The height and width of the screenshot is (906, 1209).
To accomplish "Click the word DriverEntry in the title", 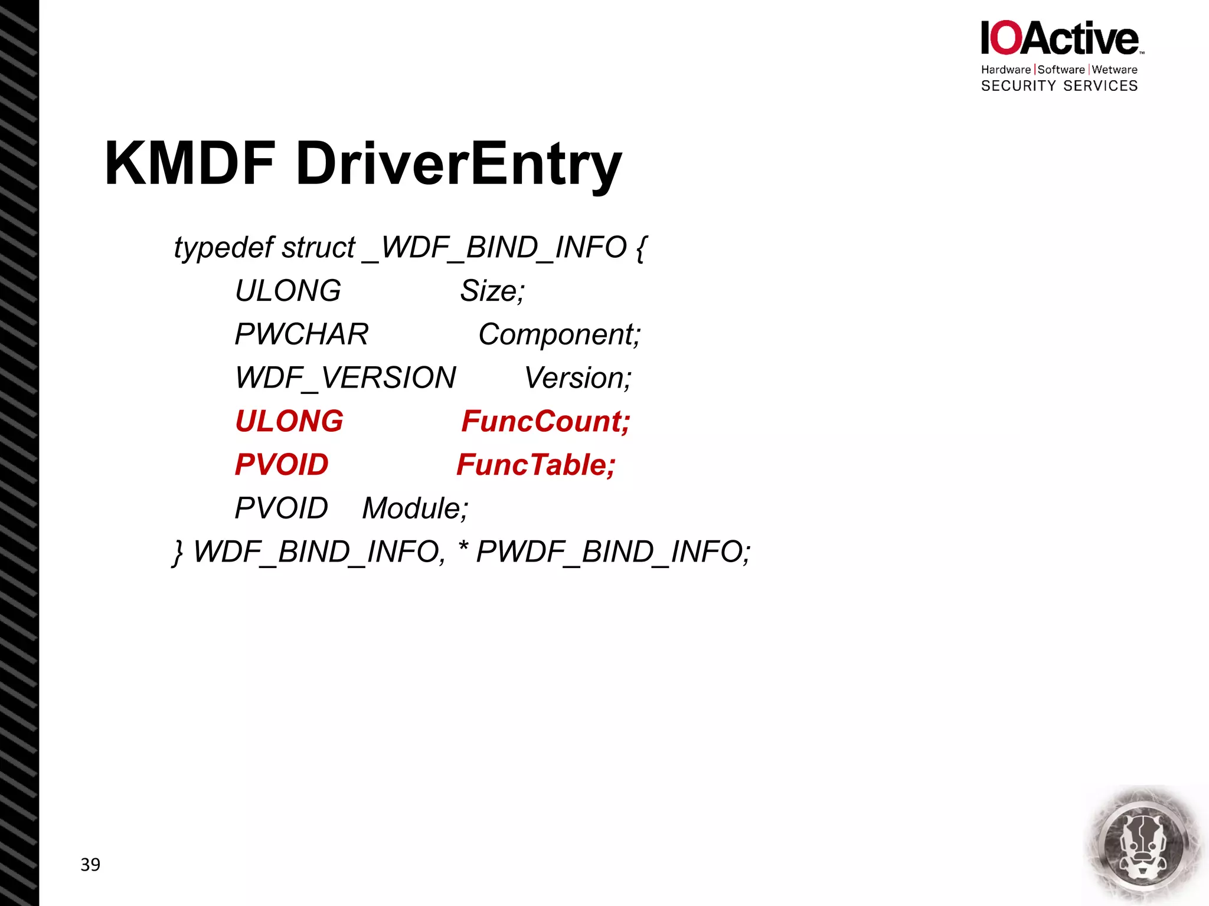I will click(x=458, y=165).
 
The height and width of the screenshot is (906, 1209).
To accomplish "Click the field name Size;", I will click(x=492, y=291).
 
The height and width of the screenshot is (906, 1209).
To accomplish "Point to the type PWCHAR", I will click(x=302, y=334).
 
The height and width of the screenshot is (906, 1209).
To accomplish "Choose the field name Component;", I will click(x=559, y=335).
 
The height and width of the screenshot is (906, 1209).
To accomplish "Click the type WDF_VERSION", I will click(x=345, y=377).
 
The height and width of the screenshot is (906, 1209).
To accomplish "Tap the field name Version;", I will click(x=578, y=377).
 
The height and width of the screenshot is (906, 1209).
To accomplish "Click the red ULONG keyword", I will click(x=289, y=421).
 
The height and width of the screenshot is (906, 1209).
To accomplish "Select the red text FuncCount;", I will click(x=545, y=421).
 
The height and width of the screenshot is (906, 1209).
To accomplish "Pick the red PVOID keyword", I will click(x=282, y=465).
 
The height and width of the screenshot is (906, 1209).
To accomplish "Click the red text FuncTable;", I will click(x=536, y=465).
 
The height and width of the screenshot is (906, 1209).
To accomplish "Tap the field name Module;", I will click(x=415, y=508).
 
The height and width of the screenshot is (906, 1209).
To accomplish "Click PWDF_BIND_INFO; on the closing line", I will click(x=613, y=552).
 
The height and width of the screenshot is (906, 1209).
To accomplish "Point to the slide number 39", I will click(x=90, y=865).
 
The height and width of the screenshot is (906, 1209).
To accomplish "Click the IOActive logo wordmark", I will click(x=1060, y=38).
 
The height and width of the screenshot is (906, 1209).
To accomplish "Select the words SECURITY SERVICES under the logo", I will click(x=1059, y=86).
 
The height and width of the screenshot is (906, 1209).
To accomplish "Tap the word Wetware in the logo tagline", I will click(x=1115, y=70).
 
